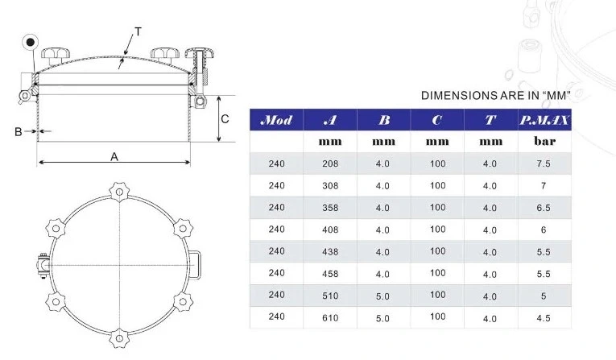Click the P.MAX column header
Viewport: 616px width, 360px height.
544,120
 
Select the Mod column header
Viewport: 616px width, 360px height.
276,120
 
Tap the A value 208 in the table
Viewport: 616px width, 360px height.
330,163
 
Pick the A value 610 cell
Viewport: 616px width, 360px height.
330,317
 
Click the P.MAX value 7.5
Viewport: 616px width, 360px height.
544,163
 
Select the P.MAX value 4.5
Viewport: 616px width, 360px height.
544,317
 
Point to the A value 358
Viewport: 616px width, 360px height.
330,208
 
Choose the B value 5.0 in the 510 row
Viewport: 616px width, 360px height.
382,296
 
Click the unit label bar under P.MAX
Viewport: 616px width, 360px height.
544,141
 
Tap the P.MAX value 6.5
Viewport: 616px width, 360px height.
544,208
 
